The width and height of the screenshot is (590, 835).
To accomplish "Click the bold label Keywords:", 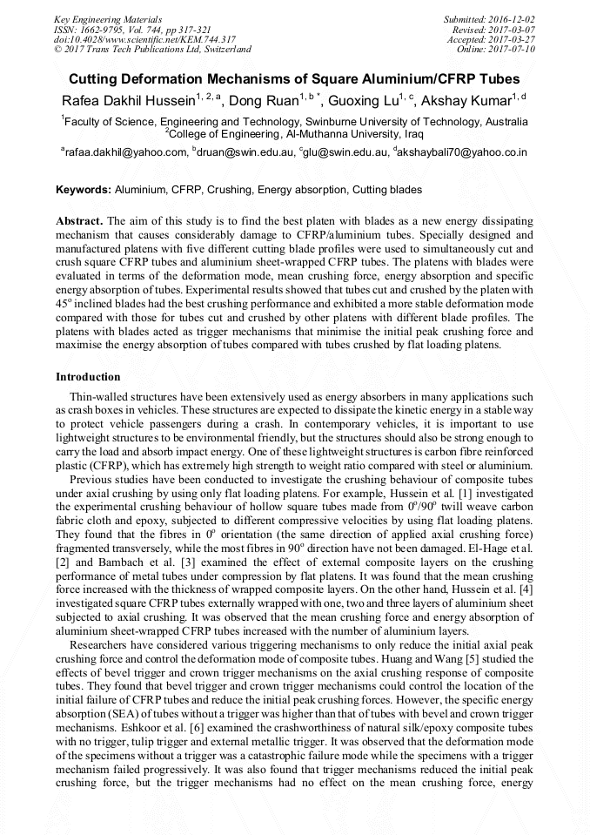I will [84, 189].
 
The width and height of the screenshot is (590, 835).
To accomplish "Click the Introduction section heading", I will [88, 377].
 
